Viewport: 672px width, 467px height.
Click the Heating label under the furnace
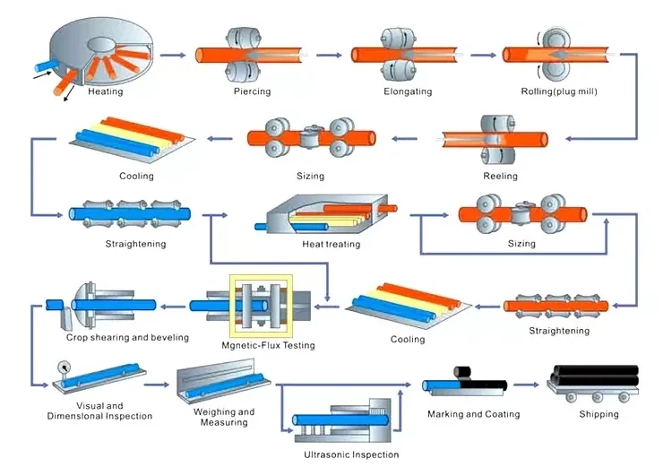tap(106, 91)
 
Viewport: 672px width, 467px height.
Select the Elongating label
tap(408, 91)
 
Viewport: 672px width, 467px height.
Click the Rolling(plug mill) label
tap(559, 91)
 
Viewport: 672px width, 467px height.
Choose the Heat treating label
tap(332, 244)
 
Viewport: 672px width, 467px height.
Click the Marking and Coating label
tap(471, 414)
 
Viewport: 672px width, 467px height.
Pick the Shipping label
tap(599, 414)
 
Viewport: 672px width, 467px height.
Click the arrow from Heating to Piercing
tap(179, 55)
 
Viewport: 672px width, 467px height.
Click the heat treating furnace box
tap(323, 215)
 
